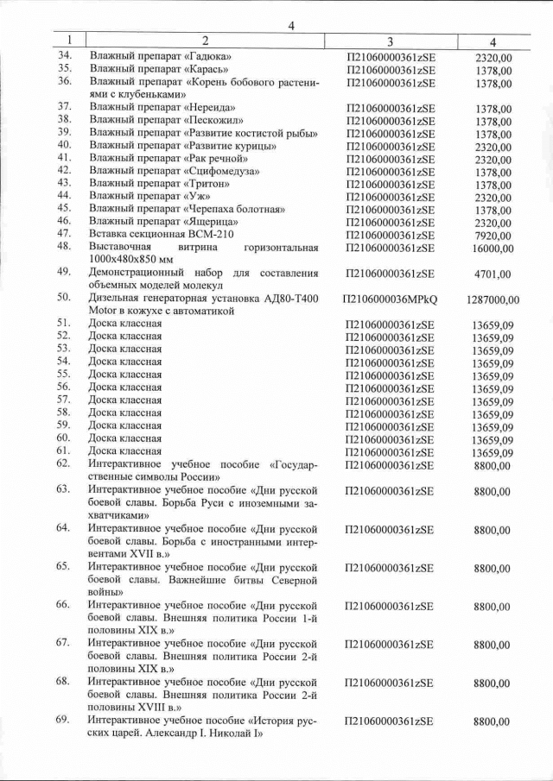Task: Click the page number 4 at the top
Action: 291,25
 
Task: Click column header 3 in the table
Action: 390,41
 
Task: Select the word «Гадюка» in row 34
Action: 212,57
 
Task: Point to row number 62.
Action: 63,463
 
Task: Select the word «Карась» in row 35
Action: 211,69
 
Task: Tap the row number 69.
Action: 63,720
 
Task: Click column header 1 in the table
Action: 67,41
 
